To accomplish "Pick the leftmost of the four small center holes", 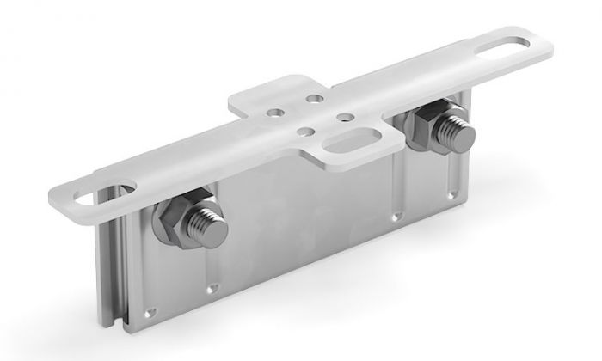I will [274, 113].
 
